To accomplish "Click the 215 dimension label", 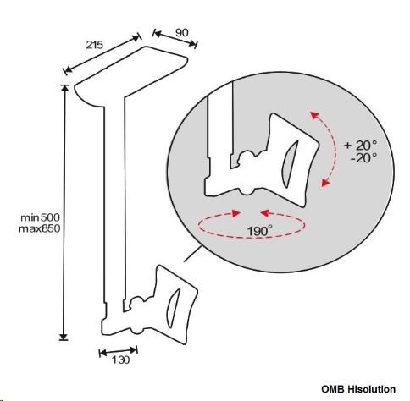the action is [x=95, y=45].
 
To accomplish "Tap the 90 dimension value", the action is [x=181, y=33].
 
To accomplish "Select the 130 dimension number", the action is [x=121, y=360].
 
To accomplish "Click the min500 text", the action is [x=40, y=217].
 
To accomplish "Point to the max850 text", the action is [x=40, y=228].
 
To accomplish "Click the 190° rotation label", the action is [x=260, y=231].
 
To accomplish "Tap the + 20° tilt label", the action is [x=361, y=146].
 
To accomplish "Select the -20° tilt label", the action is [x=363, y=158].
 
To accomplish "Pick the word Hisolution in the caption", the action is [x=371, y=389].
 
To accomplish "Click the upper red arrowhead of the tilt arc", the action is [x=314, y=115].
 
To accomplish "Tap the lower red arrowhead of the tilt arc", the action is [x=325, y=183].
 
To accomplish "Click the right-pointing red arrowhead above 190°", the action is [x=235, y=213].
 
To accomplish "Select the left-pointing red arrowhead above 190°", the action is [x=264, y=213].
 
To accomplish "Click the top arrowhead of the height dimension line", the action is [x=65, y=88].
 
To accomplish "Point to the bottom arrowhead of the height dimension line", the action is [x=64, y=337].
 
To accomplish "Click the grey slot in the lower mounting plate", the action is [x=173, y=308].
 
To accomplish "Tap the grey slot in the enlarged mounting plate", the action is [x=290, y=163].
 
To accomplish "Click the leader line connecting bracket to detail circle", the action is [x=193, y=254].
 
